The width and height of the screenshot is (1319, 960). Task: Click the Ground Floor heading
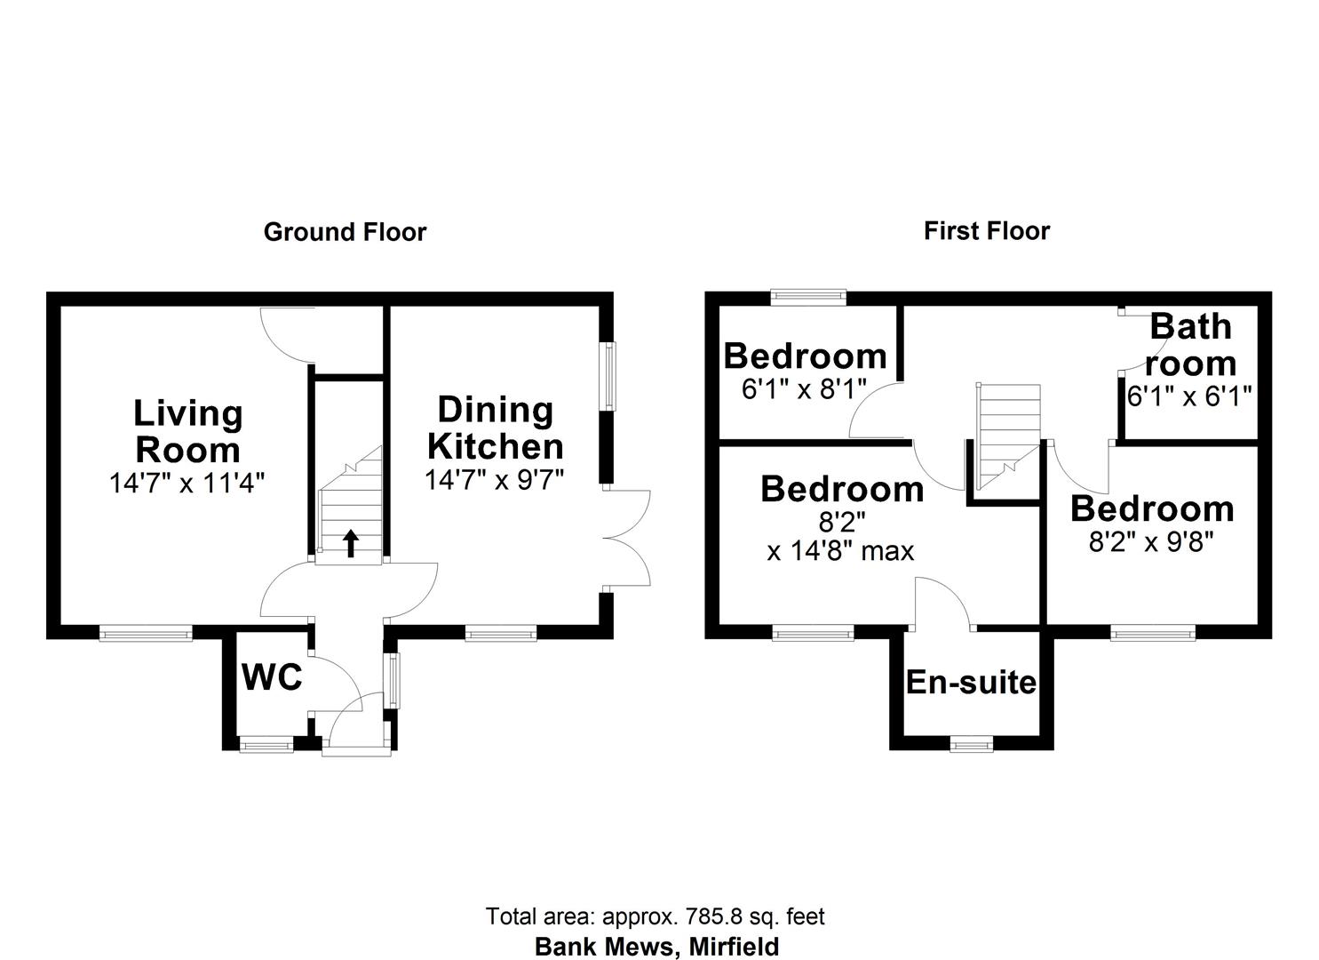[345, 233]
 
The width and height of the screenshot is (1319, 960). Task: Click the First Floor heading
[986, 231]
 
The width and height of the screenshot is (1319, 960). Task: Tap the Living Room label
[187, 432]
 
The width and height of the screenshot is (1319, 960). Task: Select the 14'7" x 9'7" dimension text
[494, 481]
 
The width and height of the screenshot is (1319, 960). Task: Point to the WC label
[272, 678]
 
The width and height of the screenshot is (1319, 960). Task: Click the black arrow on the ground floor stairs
[351, 542]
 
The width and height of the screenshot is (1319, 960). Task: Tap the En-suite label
[971, 683]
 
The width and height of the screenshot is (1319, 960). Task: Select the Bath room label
[1190, 345]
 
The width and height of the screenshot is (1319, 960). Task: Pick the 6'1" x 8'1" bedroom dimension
[804, 389]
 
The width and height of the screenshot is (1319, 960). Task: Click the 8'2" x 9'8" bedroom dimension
[1151, 541]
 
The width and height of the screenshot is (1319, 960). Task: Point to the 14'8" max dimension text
[840, 551]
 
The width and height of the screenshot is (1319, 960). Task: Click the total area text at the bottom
[655, 916]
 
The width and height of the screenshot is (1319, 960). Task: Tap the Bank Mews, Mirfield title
[656, 947]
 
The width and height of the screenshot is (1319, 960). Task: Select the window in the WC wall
[266, 745]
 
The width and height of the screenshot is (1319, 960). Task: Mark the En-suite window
[971, 744]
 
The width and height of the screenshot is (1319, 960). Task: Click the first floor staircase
[1007, 436]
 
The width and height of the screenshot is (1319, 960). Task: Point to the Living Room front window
[146, 634]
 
